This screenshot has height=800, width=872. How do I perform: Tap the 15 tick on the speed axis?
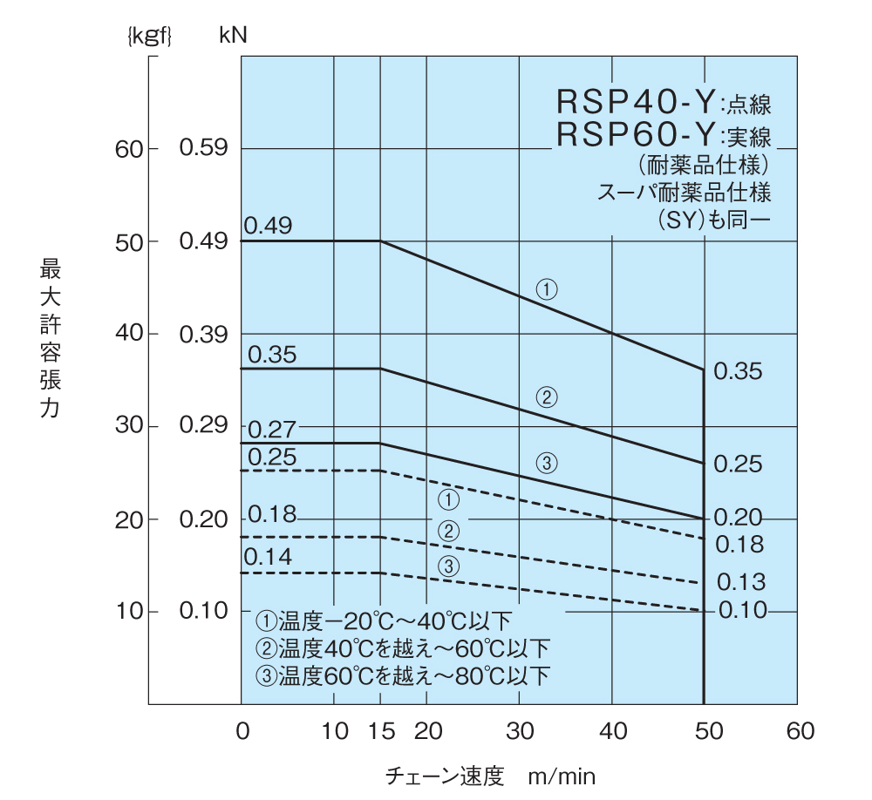381,730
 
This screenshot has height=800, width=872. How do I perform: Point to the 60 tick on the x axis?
796,730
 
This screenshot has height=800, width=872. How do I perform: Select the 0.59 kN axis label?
203,148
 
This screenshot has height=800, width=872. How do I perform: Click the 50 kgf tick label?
129,241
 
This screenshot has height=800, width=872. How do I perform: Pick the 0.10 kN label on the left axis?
203,611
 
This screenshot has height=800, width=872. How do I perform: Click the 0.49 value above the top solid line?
268,226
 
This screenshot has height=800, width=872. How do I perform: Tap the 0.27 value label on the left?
271,429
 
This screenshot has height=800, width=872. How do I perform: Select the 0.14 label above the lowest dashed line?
267,558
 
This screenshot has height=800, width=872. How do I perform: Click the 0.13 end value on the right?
740,582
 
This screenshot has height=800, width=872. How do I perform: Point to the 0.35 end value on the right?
738,371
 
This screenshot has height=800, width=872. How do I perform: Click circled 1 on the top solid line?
547,289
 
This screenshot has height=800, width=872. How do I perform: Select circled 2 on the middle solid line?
547,398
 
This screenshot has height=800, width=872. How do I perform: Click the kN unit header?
234,36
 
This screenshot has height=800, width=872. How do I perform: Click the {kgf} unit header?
150,36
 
